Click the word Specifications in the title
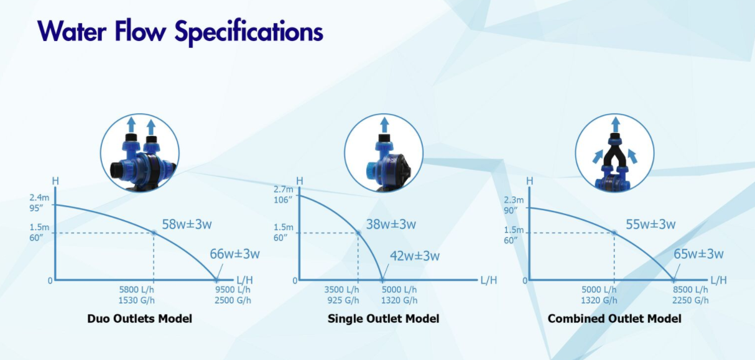[249, 32]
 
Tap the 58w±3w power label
[187, 224]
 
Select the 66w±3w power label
[234, 254]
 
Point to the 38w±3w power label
[391, 224]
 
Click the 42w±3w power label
[415, 256]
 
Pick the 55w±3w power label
[651, 224]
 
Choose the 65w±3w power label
[698, 254]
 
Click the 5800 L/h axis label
[136, 290]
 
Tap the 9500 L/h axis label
[233, 290]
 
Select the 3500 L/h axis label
[342, 290]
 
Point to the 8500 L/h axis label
[690, 290]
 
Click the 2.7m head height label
[284, 190]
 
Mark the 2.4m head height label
[39, 198]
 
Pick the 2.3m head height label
[514, 200]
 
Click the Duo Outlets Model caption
[139, 318]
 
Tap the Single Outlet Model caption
[383, 318]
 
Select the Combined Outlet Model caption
[614, 318]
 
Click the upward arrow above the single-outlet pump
[384, 125]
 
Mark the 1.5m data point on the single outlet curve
[358, 233]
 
